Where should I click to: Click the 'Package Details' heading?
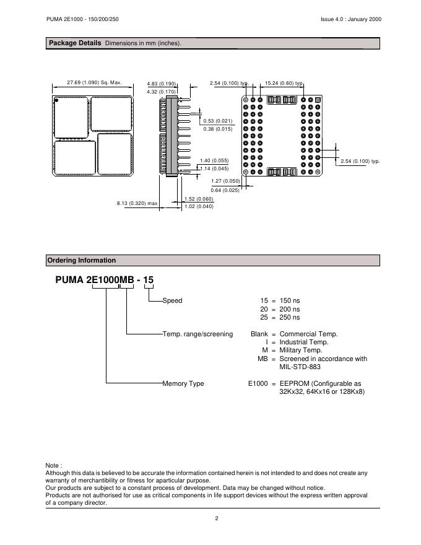[x=75, y=43]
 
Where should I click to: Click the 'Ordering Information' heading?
[x=82, y=260]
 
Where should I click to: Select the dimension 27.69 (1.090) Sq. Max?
[x=94, y=82]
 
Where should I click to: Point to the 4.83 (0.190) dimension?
[x=162, y=84]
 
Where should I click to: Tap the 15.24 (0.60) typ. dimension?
[x=284, y=82]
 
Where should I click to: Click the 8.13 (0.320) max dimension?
[x=137, y=203]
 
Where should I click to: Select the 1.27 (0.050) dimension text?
[x=225, y=181]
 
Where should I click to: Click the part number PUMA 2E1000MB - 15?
[x=105, y=280]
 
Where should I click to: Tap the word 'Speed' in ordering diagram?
[x=173, y=300]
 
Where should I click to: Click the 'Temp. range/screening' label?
[x=197, y=334]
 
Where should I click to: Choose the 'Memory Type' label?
[x=183, y=383]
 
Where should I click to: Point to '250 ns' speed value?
[x=289, y=317]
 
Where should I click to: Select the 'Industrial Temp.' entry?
[x=304, y=342]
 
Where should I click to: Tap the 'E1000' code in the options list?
[x=258, y=383]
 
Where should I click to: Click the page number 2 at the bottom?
[x=217, y=518]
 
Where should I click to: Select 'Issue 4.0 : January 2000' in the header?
[x=347, y=19]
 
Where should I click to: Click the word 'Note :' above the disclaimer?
[x=54, y=464]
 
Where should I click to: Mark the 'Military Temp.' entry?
[x=301, y=350]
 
